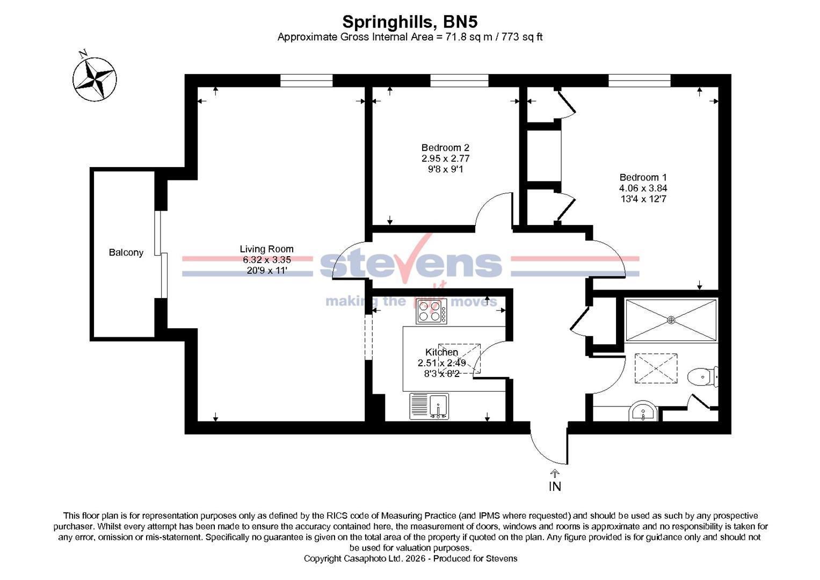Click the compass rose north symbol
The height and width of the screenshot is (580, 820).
(95, 79)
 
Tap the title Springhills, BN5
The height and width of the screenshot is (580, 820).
(410, 21)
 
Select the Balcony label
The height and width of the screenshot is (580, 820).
(126, 252)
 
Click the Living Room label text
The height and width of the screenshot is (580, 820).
(266, 249)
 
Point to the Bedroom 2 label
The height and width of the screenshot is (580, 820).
(445, 148)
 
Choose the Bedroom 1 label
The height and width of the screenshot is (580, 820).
(643, 177)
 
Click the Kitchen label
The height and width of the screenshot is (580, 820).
(441, 352)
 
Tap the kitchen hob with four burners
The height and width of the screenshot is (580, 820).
(431, 311)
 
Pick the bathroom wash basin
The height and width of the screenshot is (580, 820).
(642, 412)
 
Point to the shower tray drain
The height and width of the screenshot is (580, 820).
(671, 320)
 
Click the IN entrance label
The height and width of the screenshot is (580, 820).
(555, 487)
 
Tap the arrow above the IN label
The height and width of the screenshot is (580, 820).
(555, 473)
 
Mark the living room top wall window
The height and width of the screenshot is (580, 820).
(306, 81)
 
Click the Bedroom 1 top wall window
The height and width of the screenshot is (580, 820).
(639, 81)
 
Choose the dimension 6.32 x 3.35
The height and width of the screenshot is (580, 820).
(266, 260)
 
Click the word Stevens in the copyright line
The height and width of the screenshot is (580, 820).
(502, 559)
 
